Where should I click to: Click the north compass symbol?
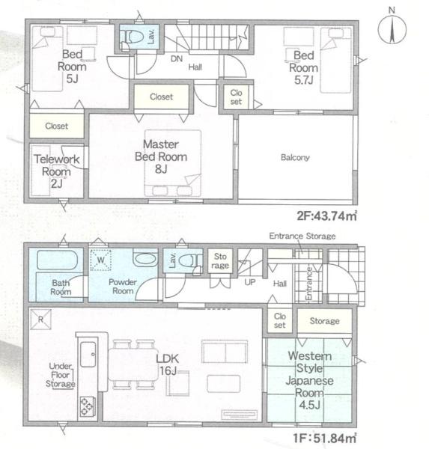coord(392,28)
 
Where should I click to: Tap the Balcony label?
coord(295,157)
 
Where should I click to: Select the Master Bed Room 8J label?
coord(161,156)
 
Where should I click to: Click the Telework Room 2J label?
coord(57,171)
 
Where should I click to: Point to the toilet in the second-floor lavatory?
coord(132,37)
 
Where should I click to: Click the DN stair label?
coord(177,58)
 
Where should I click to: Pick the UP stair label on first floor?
coord(250,282)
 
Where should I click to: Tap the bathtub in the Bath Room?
coord(58,260)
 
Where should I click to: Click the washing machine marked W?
coord(100,260)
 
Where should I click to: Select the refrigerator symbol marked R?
coord(40,320)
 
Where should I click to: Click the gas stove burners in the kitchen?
coord(88,406)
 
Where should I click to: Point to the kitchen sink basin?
coord(88,354)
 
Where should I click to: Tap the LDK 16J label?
coord(168,364)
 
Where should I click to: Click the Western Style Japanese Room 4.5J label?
coord(309,380)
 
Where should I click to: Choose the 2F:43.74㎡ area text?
coord(326,216)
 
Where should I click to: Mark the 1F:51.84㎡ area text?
coord(325,438)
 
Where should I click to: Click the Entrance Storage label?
coord(302,236)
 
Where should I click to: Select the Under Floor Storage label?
coord(61,375)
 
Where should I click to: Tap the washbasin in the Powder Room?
coord(145,259)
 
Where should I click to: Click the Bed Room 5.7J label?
coord(304,67)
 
